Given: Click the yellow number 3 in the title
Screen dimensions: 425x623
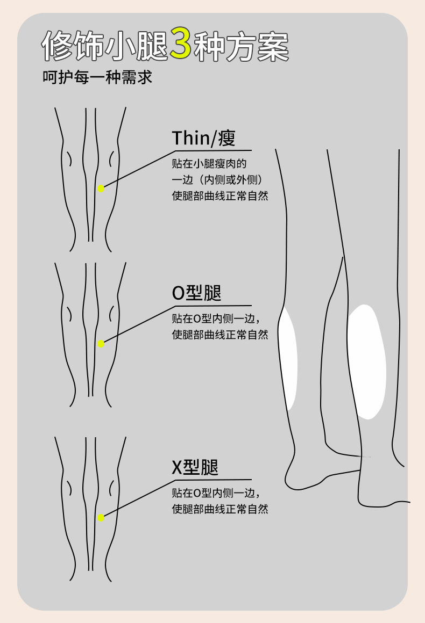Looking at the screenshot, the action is tap(181, 45).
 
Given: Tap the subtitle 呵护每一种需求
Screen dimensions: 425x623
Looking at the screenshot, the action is tap(97, 77).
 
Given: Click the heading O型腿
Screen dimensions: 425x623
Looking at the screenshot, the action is tap(196, 293).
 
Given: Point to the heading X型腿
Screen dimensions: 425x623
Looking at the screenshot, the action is tap(195, 467).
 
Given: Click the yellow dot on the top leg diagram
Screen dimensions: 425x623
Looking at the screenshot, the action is tap(101, 188).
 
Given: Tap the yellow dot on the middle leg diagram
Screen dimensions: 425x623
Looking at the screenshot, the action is tap(101, 344).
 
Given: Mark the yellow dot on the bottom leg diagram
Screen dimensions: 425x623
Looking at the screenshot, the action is tap(101, 518).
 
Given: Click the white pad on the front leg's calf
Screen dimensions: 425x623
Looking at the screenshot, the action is tap(367, 361).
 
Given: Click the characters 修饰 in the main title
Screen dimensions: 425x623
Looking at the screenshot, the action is tap(72, 46).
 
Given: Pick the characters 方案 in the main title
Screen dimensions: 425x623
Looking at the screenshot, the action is tap(264, 46).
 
